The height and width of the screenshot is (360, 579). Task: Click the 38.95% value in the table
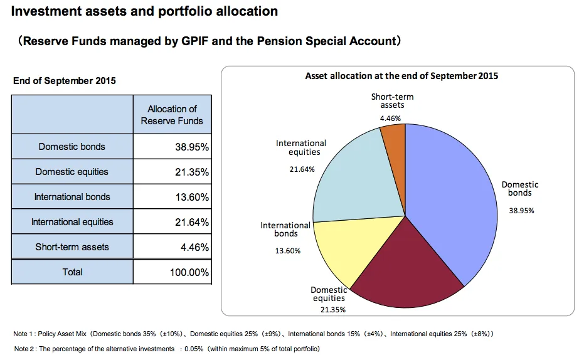coord(191,147)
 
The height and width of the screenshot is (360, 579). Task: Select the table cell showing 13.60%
coord(191,197)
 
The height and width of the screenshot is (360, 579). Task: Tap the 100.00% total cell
coord(189,272)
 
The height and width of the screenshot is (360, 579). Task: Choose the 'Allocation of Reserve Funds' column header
coord(172,115)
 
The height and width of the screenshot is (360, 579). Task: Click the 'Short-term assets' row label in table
coord(72,247)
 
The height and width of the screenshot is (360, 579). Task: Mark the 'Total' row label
coord(72,272)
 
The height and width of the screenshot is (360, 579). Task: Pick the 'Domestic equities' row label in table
coord(72,172)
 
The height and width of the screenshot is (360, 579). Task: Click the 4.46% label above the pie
coord(390,118)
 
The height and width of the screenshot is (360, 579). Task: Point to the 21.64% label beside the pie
coord(302,169)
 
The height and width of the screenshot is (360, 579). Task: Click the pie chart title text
coord(401,76)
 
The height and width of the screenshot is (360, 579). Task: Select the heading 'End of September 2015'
coord(65,81)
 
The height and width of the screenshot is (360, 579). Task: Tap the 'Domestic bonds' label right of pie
coord(520,188)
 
